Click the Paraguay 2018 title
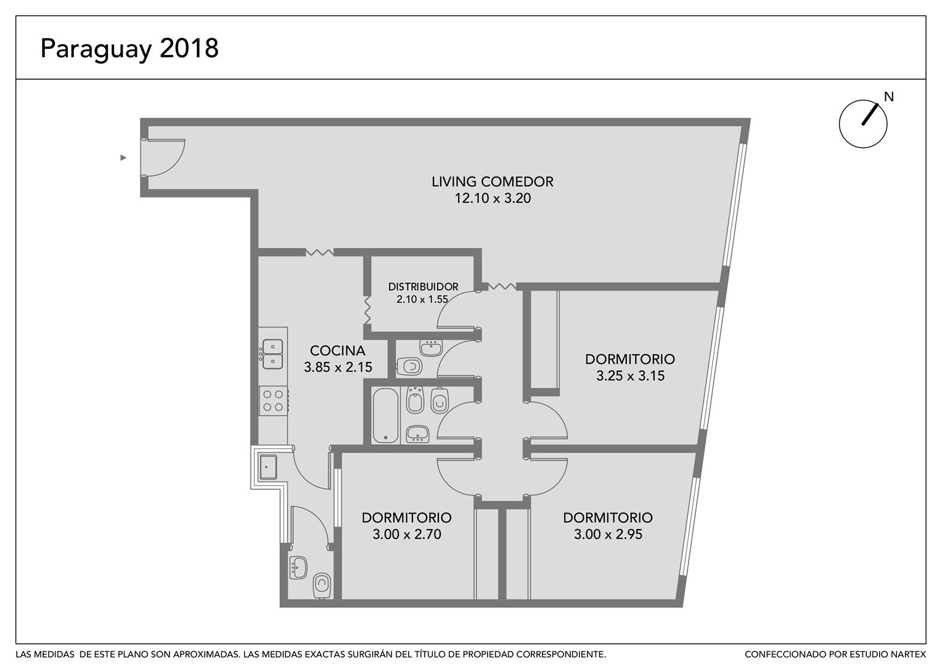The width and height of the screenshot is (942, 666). pyautogui.click(x=129, y=49)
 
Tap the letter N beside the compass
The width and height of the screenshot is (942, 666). pyautogui.click(x=888, y=97)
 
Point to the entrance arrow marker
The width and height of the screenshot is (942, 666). pyautogui.click(x=123, y=158)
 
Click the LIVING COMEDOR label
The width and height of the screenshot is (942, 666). pyautogui.click(x=493, y=182)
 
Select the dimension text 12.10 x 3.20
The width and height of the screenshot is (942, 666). pyautogui.click(x=493, y=198)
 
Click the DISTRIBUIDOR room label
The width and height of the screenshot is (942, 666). pyautogui.click(x=423, y=287)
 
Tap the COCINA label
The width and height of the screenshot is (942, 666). pyautogui.click(x=338, y=350)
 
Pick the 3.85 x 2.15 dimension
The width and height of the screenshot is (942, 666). pyautogui.click(x=338, y=368)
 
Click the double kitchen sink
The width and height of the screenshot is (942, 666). pyautogui.click(x=272, y=354)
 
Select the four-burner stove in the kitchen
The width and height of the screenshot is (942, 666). pyautogui.click(x=273, y=401)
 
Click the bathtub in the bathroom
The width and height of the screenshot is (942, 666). pyautogui.click(x=385, y=416)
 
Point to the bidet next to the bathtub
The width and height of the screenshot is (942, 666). pyautogui.click(x=415, y=400)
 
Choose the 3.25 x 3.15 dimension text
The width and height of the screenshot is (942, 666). pyautogui.click(x=630, y=376)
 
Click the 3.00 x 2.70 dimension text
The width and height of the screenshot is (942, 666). pyautogui.click(x=407, y=534)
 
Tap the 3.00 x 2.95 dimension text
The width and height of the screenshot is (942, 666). pyautogui.click(x=608, y=534)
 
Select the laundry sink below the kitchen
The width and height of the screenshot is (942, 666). pyautogui.click(x=268, y=467)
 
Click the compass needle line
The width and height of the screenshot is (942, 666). pyautogui.click(x=870, y=115)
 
